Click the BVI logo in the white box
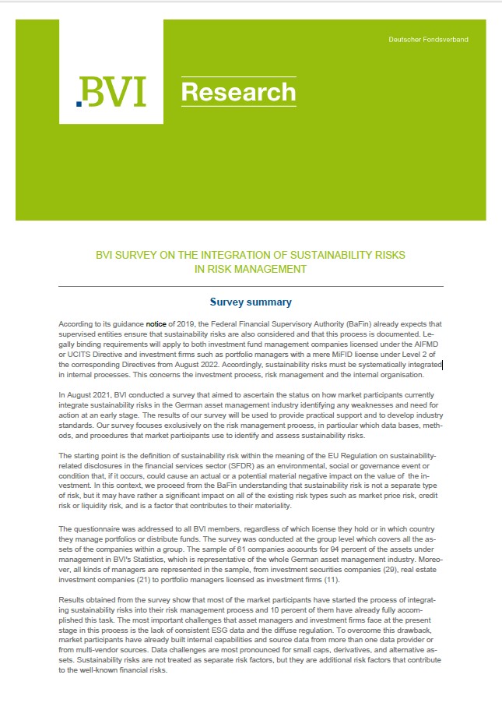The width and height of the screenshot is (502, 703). point(111,93)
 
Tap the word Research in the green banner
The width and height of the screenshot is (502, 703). point(238,93)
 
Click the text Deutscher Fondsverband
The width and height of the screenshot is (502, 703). point(428,39)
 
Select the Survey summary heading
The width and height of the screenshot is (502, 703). point(251,302)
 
